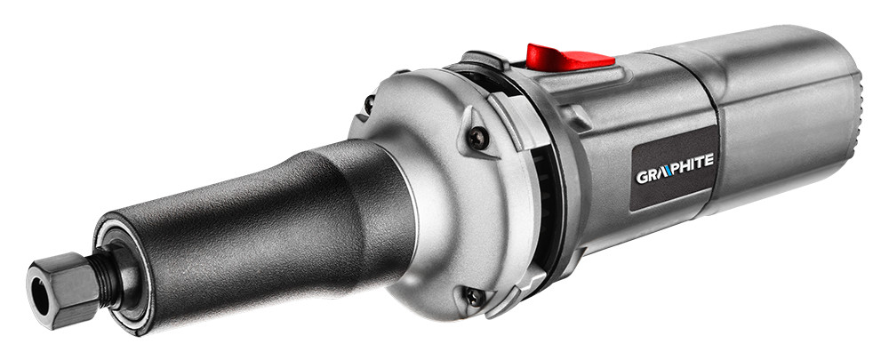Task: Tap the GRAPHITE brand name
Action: (x=675, y=168)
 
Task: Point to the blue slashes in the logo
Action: (x=667, y=172)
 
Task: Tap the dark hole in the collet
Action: (x=40, y=297)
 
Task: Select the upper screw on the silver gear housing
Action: (x=477, y=138)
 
